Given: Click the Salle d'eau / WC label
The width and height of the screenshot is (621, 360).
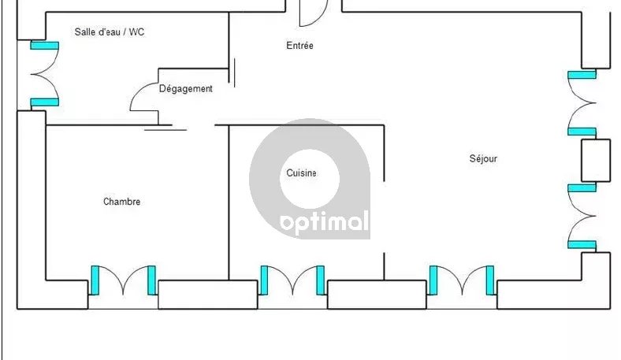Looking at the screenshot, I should [x=109, y=32].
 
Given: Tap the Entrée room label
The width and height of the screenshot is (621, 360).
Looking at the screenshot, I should [x=299, y=46].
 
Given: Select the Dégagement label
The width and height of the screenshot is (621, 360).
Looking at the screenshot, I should [x=186, y=89].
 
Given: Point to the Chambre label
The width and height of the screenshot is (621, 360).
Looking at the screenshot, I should [x=121, y=202].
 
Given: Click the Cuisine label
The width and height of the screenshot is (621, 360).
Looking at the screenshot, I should [x=301, y=173].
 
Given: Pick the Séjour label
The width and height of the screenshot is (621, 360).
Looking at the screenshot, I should [x=483, y=158].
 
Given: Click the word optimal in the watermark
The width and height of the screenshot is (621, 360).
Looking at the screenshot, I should [x=324, y=224].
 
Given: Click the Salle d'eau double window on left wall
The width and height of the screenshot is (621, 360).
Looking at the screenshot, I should [x=37, y=74].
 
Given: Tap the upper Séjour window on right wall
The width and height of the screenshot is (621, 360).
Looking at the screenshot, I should [x=583, y=103].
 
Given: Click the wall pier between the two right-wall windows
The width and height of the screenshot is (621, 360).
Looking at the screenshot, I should [x=596, y=160].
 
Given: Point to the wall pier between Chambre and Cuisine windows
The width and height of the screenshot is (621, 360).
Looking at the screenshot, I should [x=208, y=294].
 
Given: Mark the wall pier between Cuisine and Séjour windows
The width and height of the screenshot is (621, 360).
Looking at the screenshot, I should [x=377, y=294].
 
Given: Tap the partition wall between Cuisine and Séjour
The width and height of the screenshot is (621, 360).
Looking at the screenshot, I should [x=384, y=154].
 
